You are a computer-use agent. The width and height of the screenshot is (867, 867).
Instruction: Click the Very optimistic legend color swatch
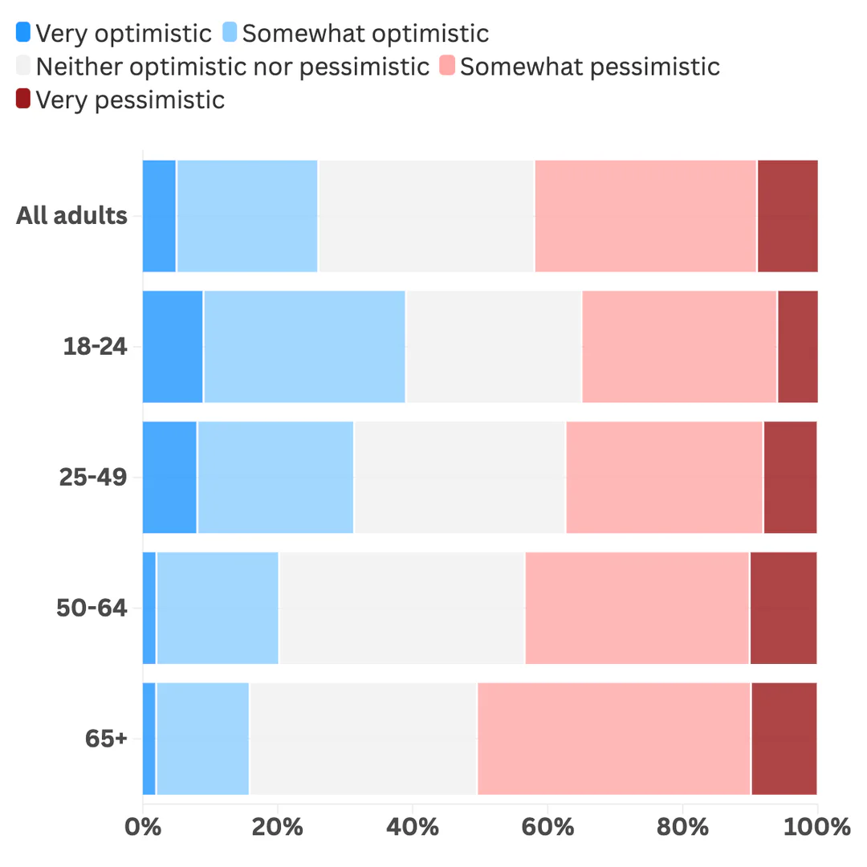[x=23, y=33]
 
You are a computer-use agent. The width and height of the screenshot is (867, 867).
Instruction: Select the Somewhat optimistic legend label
[x=365, y=33]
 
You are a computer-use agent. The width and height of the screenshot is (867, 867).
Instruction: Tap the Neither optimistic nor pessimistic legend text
[x=233, y=67]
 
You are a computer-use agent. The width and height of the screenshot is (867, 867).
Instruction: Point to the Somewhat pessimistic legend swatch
[x=447, y=67]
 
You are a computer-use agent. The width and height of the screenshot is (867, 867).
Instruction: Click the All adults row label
[x=71, y=216]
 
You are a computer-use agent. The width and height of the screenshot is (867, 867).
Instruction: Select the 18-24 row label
[x=95, y=347]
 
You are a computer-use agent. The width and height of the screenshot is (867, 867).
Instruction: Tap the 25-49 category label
[x=93, y=478]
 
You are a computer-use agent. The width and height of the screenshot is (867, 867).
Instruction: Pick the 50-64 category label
[x=92, y=609]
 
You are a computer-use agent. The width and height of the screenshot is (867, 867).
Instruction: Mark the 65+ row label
[x=106, y=739]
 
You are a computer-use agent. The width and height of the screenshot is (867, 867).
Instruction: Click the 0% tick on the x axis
[x=142, y=827]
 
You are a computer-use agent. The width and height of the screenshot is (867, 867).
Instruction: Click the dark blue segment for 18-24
[x=173, y=347]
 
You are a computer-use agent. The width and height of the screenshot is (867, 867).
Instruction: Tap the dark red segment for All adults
[x=788, y=216]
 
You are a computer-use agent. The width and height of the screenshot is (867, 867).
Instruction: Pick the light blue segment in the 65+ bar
[x=202, y=739]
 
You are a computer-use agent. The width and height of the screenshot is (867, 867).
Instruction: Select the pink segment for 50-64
[x=637, y=609]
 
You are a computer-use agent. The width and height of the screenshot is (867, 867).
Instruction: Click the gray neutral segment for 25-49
[x=460, y=478]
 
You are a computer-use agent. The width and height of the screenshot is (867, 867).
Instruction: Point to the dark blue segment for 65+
[x=149, y=739]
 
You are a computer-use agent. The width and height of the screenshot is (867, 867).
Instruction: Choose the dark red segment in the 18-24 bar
[x=797, y=347]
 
